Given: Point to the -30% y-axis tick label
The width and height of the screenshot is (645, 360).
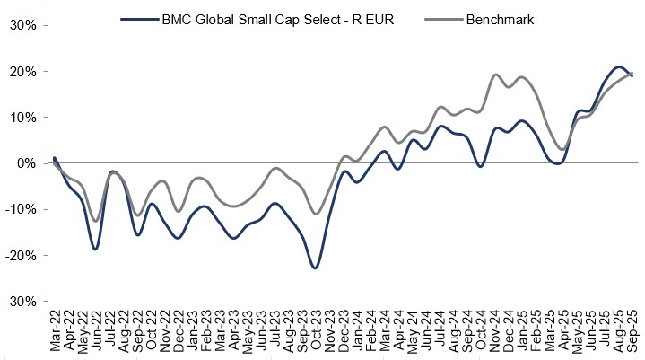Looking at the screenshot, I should coord(19,302).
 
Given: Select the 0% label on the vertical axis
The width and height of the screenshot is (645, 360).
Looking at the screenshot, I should coord(24,163).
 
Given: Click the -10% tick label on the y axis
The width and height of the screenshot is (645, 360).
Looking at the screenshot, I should coord(19,209).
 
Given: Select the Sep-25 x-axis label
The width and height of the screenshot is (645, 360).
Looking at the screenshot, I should coord(631,331).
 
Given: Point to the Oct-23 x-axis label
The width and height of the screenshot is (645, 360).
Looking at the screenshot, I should coord(316,331).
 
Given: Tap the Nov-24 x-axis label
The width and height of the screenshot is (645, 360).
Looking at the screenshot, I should coord(494,331).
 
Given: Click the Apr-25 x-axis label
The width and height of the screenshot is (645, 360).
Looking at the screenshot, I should coord(562,331).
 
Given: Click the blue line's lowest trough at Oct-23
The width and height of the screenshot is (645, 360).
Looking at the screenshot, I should coord(315,268).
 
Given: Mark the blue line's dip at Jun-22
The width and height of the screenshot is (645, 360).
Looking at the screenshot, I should coord(96,249).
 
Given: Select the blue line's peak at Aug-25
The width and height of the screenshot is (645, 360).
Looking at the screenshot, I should coord(618,67).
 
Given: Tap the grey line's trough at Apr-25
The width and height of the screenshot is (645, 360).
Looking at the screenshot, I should coord(562,149).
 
